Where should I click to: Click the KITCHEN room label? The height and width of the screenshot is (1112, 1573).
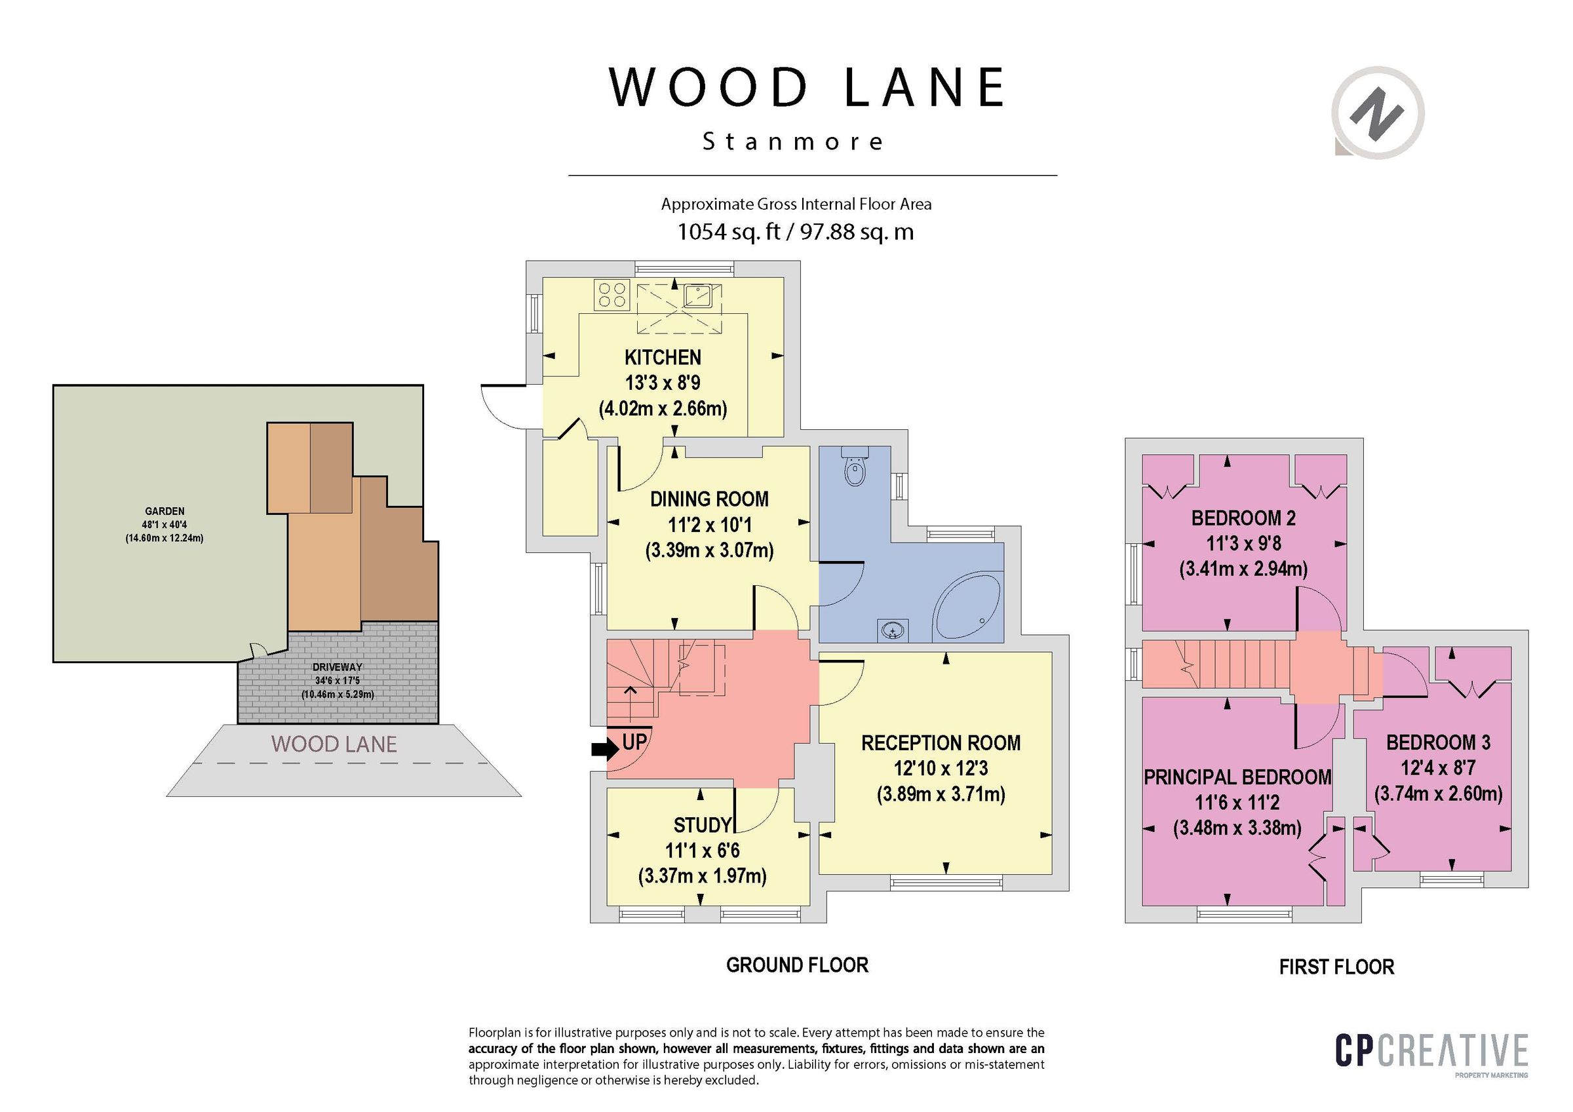point(663,358)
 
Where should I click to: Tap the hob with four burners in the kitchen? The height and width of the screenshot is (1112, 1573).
point(612,296)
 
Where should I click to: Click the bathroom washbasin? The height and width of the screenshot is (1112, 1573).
point(893,630)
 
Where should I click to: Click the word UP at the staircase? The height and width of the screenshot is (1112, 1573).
point(634,742)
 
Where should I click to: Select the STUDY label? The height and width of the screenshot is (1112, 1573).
point(702,825)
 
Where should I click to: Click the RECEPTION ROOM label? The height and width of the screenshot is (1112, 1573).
point(941,742)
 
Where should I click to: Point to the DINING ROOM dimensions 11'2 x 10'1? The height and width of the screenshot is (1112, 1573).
point(709,525)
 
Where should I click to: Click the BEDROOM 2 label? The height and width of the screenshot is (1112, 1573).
point(1243,518)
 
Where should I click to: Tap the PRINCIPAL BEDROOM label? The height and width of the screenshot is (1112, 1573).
point(1237,777)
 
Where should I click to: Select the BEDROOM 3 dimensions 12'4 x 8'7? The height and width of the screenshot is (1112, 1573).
point(1438,768)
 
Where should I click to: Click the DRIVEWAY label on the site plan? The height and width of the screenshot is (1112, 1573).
point(337,666)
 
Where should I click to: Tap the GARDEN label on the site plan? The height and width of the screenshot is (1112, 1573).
point(165,511)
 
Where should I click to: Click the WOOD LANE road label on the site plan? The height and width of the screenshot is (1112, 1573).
point(334,744)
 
